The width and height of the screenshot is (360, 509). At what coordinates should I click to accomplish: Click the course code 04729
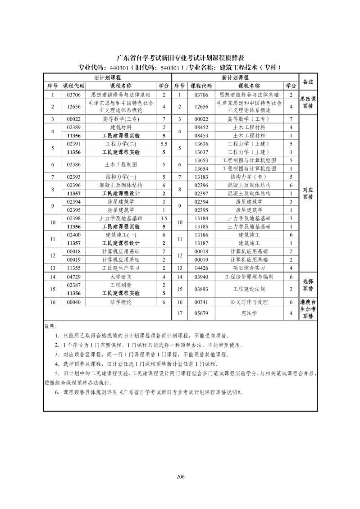tap(73, 277)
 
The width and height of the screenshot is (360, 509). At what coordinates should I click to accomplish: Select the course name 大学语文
tap(121, 277)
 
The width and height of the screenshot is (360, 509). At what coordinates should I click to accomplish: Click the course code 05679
tap(201, 313)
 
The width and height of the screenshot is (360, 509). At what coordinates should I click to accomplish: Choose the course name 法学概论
tap(121, 302)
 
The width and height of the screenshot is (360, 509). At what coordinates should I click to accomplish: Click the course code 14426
tap(201, 268)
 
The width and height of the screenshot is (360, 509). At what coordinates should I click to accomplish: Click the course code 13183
tap(201, 177)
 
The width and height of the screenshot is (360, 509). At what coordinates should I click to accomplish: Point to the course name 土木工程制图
tap(121, 164)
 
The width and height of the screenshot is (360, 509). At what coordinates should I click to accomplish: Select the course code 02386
tap(73, 164)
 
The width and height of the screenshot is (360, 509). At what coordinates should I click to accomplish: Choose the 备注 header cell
tap(308, 82)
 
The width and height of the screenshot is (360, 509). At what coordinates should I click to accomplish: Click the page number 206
tap(180, 477)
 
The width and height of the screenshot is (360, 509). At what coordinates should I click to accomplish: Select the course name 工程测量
tap(121, 285)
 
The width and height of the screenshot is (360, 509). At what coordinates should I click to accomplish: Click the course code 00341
tap(201, 302)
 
